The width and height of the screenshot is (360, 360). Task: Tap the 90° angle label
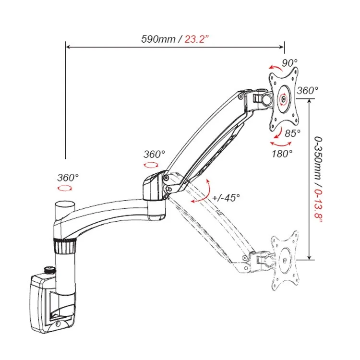point(289,63)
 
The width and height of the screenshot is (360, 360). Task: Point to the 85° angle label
point(292,133)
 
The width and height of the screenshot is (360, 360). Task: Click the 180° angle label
point(282,154)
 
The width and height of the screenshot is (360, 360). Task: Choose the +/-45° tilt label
point(225,197)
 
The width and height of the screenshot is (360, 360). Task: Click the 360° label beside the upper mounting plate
point(307,90)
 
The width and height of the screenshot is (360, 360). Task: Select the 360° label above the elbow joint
point(154,154)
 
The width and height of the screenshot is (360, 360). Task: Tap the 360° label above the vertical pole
point(68,177)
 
